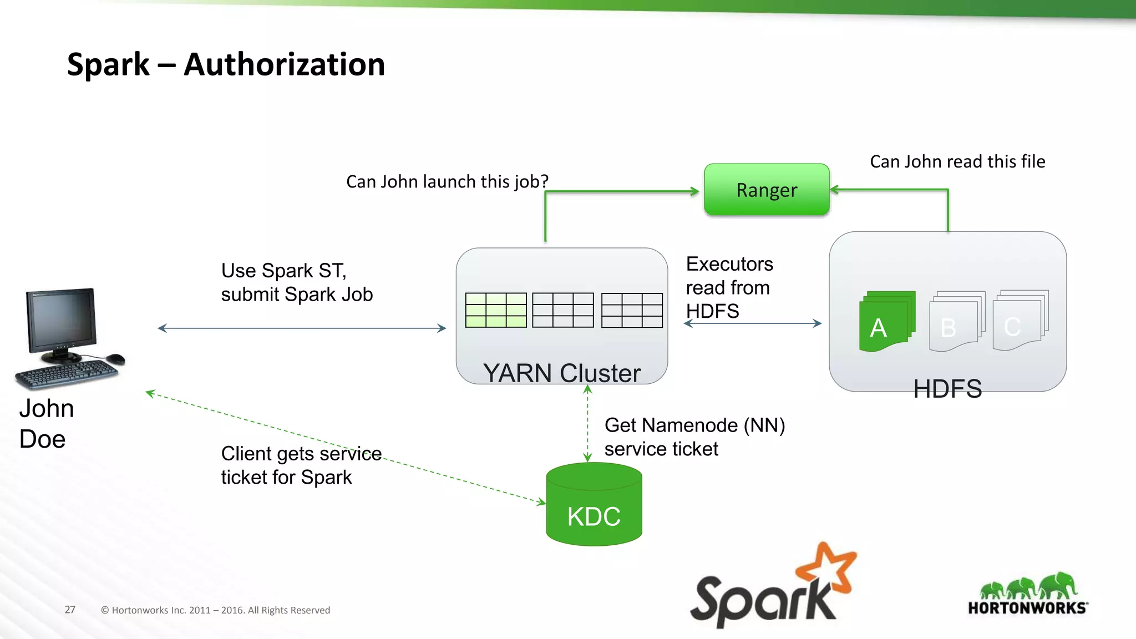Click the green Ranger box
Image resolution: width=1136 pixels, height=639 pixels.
pyautogui.click(x=767, y=190)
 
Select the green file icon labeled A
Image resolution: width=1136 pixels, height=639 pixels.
pyautogui.click(x=886, y=322)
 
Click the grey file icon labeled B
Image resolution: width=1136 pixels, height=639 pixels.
pyautogui.click(x=955, y=322)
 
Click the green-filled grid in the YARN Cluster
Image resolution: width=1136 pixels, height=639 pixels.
pyautogui.click(x=496, y=310)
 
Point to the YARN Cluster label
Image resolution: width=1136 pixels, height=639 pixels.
pyautogui.click(x=561, y=373)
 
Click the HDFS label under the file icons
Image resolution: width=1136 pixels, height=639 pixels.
pyautogui.click(x=947, y=388)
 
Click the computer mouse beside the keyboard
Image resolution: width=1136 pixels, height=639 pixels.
pyautogui.click(x=115, y=358)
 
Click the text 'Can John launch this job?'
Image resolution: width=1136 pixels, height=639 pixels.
pyautogui.click(x=447, y=181)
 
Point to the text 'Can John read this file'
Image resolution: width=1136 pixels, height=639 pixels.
pyautogui.click(x=957, y=161)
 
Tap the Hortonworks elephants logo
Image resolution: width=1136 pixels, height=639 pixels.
pyautogui.click(x=1028, y=587)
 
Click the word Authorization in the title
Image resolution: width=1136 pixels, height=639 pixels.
pyautogui.click(x=284, y=64)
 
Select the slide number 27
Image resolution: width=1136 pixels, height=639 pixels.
pyautogui.click(x=70, y=610)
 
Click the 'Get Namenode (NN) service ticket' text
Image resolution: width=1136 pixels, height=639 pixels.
pyautogui.click(x=694, y=437)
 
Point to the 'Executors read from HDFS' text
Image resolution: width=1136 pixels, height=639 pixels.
pyautogui.click(x=729, y=287)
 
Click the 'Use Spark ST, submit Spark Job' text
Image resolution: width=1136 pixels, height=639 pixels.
pyautogui.click(x=297, y=282)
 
